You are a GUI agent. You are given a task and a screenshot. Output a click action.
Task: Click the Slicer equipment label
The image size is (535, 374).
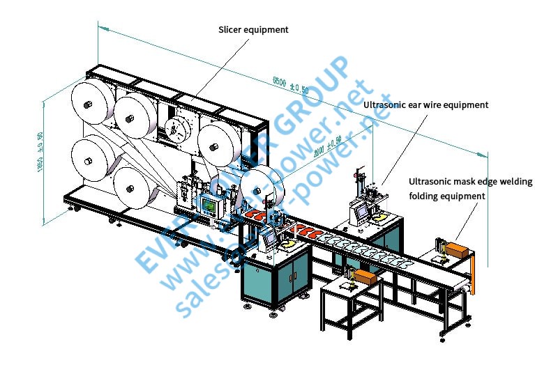253,30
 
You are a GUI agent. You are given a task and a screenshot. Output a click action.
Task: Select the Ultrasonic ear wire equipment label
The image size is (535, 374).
425,104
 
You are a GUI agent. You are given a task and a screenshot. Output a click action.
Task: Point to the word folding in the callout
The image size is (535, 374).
424,196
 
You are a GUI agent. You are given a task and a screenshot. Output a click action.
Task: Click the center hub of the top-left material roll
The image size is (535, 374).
89,104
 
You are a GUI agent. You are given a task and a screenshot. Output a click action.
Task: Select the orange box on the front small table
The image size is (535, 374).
365,276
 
